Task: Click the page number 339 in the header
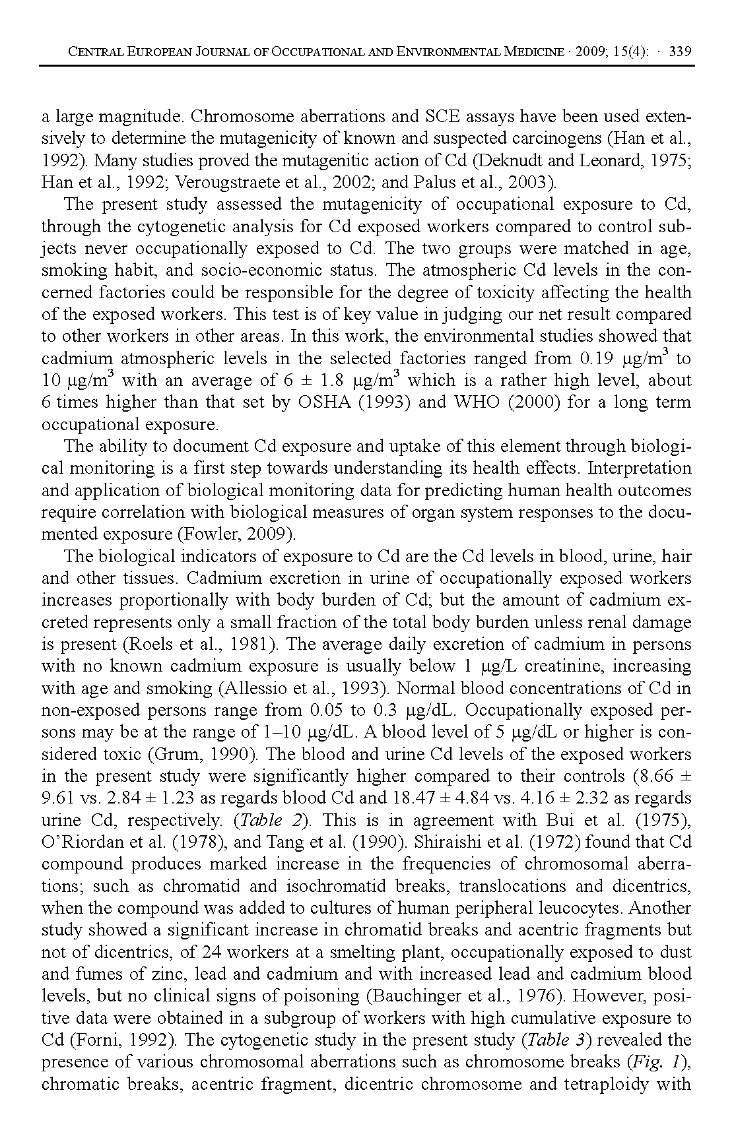(x=680, y=51)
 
